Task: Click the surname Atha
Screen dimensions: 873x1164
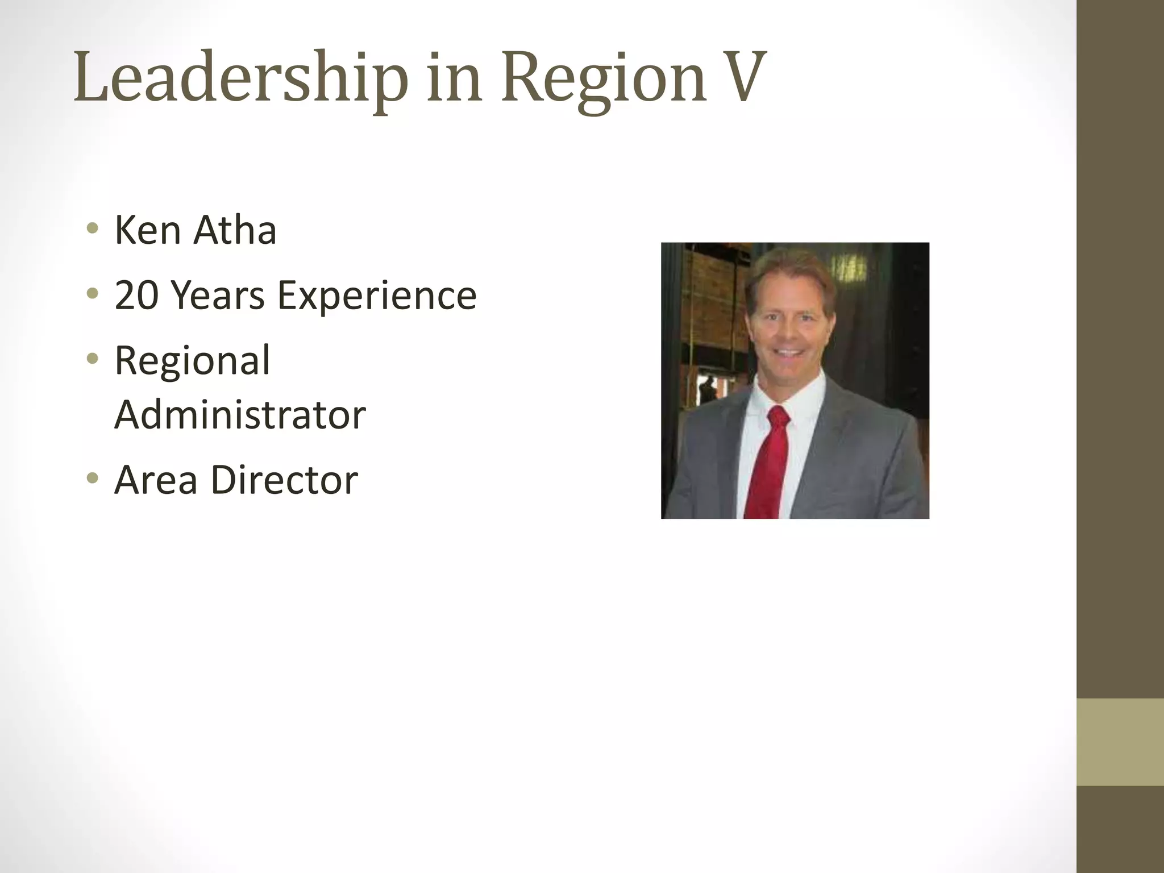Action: (x=235, y=230)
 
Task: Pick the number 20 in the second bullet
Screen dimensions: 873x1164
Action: (x=136, y=296)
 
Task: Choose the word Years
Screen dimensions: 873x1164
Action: (x=218, y=296)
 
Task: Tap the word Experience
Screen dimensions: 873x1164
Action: (x=377, y=296)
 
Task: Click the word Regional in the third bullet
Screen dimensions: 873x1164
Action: (x=192, y=361)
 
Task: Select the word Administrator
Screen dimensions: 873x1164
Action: (x=240, y=414)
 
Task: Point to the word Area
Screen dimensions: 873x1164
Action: (x=155, y=480)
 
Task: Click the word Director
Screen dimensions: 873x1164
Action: (x=284, y=480)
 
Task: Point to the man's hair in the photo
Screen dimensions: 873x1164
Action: (x=791, y=270)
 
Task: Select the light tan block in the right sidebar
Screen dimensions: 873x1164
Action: (x=1120, y=742)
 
